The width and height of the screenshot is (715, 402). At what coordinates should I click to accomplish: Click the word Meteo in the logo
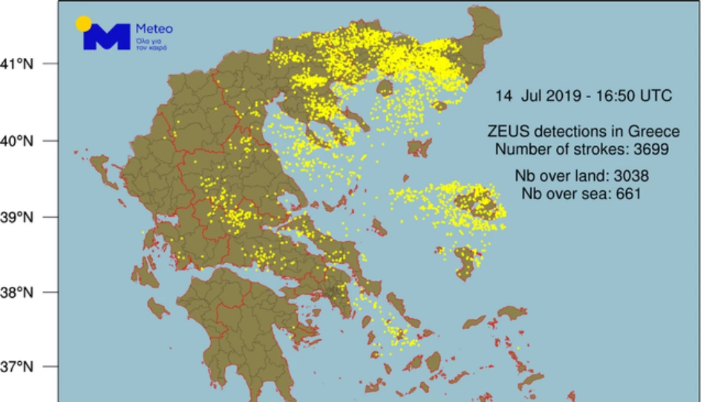click(154, 30)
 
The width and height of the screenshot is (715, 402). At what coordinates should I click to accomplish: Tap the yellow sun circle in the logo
click(84, 23)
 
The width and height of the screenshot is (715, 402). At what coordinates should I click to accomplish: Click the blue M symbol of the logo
click(107, 37)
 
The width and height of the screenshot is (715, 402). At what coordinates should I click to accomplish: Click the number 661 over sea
click(627, 194)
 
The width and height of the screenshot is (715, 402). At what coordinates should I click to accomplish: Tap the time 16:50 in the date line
click(611, 96)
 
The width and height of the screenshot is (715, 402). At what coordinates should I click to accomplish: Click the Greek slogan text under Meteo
click(151, 43)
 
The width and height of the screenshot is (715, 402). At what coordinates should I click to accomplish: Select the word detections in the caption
click(568, 132)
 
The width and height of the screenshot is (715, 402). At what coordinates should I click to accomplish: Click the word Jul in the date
click(530, 96)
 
